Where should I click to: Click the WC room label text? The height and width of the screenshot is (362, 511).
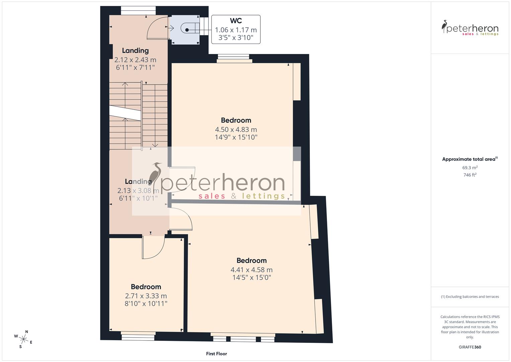[x=236, y=21]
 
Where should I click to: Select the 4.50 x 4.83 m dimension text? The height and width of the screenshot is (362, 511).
[x=236, y=129]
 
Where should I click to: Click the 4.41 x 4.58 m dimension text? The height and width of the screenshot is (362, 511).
[x=251, y=269]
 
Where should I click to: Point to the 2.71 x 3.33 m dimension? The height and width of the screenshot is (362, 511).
[x=146, y=296]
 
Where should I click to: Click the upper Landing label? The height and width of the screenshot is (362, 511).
[x=135, y=51]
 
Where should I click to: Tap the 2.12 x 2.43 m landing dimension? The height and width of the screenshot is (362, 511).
[x=135, y=60]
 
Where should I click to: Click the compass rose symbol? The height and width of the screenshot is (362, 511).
[x=23, y=339]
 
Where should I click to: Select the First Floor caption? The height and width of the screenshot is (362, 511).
[x=216, y=354]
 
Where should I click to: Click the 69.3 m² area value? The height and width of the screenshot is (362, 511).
[x=470, y=168]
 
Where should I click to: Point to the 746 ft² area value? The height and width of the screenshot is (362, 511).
[x=470, y=175]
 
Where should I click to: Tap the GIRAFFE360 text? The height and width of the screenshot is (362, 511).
[x=470, y=347]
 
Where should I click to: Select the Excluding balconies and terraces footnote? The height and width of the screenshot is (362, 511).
[x=470, y=297]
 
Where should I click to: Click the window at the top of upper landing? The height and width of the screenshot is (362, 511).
[x=138, y=11]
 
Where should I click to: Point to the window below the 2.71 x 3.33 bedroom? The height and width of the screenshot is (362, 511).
[x=138, y=336]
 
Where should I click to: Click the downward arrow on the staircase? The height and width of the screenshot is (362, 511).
[x=155, y=145]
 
